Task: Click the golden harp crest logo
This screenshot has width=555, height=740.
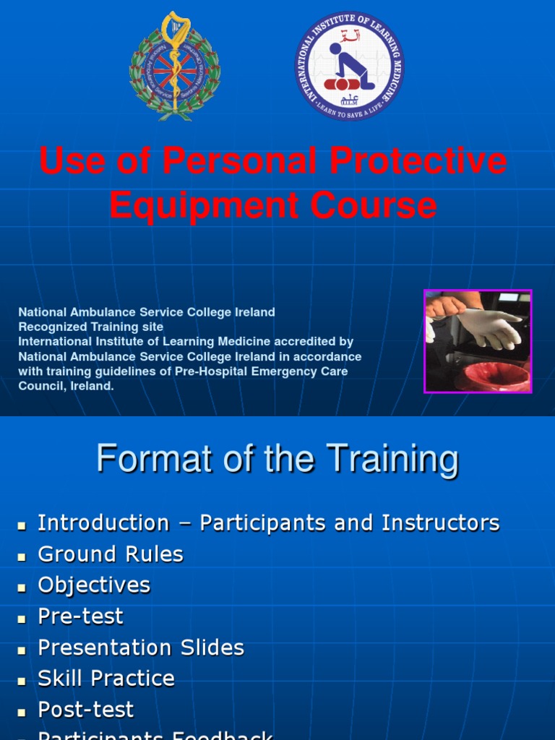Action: click(174, 66)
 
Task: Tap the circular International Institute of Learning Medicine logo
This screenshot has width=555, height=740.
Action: click(349, 66)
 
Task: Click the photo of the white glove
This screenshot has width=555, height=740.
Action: click(478, 341)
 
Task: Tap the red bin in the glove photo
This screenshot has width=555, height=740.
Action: click(491, 377)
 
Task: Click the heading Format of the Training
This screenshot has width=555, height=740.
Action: click(277, 459)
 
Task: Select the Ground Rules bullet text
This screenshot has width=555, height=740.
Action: click(111, 554)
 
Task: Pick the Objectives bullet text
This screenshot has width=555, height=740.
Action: click(94, 585)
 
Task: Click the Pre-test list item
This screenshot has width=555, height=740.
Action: click(80, 616)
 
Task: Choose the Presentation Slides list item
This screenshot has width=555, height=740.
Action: click(141, 647)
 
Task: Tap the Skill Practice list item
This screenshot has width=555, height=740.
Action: click(106, 679)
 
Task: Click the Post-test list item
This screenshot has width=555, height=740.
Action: click(86, 710)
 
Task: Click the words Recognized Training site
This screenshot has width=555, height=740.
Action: click(91, 327)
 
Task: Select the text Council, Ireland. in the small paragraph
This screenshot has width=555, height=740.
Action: click(66, 386)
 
